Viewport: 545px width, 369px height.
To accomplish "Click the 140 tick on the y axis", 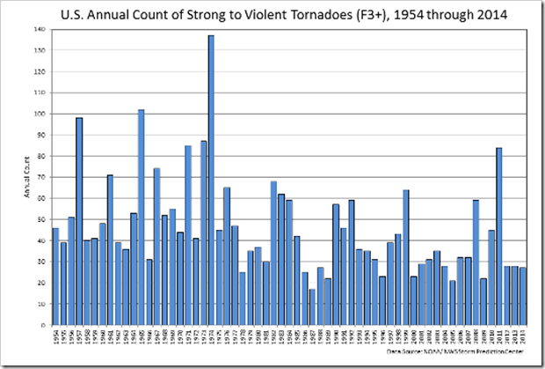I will [x=40, y=29].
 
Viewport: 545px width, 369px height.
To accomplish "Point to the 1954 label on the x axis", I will [x=55, y=336].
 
